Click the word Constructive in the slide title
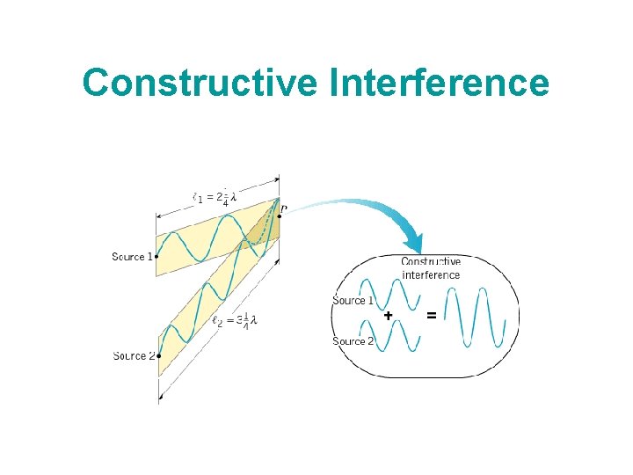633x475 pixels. pyautogui.click(x=201, y=84)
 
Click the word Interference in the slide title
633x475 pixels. pyautogui.click(x=440, y=84)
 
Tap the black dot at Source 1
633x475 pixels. pyautogui.click(x=157, y=257)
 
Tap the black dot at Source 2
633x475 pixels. pyautogui.click(x=158, y=356)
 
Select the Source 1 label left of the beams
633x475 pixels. pyautogui.click(x=133, y=257)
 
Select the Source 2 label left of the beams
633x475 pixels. pyautogui.click(x=134, y=356)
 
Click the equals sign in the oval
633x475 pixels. pyautogui.click(x=431, y=316)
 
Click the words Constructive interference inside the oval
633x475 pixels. pyautogui.click(x=431, y=268)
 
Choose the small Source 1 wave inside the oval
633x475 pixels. pyautogui.click(x=392, y=294)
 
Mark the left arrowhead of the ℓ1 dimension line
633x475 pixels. pyautogui.click(x=159, y=216)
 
